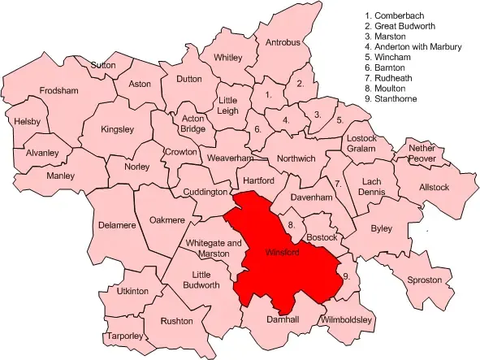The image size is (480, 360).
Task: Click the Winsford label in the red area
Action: (x=283, y=253)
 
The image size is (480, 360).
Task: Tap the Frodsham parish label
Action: (x=58, y=90)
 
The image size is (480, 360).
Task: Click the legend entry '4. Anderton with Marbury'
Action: (x=413, y=47)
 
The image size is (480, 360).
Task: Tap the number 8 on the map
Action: (x=291, y=224)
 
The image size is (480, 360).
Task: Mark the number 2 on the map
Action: (x=301, y=83)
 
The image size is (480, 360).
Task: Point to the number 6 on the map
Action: (x=258, y=129)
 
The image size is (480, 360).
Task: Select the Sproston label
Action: (x=425, y=280)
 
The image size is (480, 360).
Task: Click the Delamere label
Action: (x=116, y=225)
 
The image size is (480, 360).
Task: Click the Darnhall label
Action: (x=283, y=320)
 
